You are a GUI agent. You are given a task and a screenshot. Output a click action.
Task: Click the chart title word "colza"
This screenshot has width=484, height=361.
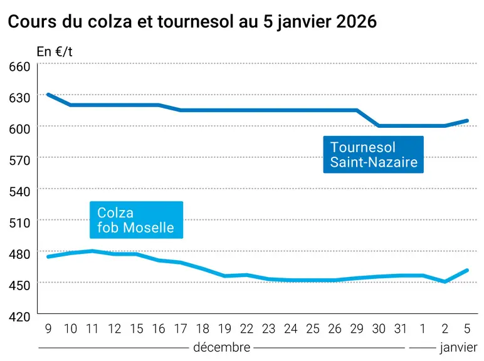pos(110,21)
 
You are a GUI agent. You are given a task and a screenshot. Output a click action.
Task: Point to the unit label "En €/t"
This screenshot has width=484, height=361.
pos(55,51)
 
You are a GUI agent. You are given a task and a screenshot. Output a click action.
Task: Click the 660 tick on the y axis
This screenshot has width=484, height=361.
pos(19,66)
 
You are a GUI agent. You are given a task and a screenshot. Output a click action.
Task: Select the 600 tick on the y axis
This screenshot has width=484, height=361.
pos(19,129)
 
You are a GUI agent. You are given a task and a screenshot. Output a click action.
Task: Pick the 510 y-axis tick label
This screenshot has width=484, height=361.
pos(19,222)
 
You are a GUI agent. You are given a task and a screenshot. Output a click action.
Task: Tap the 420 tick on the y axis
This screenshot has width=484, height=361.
pos(19,317)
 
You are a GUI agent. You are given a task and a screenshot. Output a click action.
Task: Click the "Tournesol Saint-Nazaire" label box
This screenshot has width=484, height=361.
pos(374,154)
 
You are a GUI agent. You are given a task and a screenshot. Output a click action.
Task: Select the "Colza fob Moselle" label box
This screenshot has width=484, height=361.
pos(137,220)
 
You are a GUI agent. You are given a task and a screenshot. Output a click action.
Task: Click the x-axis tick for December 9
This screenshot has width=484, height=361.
pos(48,329)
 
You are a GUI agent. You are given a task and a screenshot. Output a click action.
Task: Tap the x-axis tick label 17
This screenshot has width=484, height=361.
pos(181,329)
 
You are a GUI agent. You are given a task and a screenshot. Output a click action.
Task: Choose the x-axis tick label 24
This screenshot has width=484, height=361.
pos(291,329)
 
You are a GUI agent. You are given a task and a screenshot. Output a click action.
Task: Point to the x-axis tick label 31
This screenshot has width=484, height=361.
pos(401,329)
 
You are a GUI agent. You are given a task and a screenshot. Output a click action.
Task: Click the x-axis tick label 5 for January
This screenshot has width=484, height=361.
pos(467,329)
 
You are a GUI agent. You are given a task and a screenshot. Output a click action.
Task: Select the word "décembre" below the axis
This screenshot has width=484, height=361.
pos(222,347)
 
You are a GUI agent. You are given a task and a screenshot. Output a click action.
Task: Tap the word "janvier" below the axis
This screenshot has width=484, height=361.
pos(459,348)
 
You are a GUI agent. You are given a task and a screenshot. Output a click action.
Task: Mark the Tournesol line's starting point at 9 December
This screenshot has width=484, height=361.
pos(48,95)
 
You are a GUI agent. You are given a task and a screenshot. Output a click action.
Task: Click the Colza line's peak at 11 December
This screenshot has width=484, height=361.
pos(92,251)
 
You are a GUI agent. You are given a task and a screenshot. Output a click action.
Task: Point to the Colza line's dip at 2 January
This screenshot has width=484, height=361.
pos(445,281)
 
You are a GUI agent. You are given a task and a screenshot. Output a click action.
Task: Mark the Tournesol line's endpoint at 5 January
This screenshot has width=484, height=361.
pos(466,120)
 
